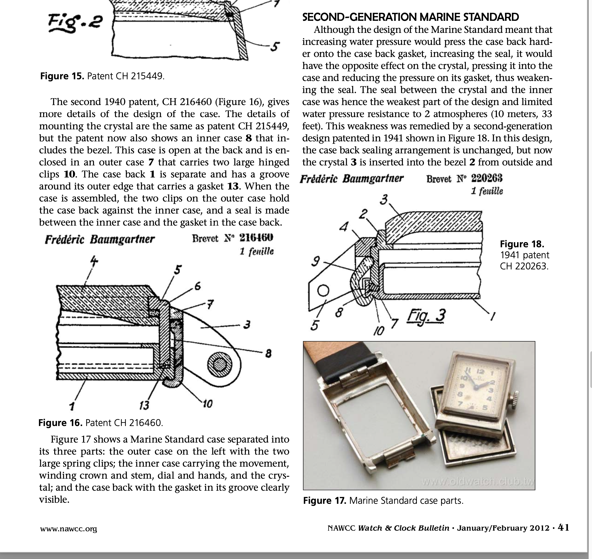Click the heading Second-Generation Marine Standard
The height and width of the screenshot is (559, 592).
point(410,17)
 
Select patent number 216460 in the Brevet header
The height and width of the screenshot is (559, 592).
point(256,238)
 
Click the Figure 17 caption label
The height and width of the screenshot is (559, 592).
point(324,501)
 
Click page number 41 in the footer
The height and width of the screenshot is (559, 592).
point(563,528)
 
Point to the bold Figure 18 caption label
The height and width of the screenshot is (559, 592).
point(522,244)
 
